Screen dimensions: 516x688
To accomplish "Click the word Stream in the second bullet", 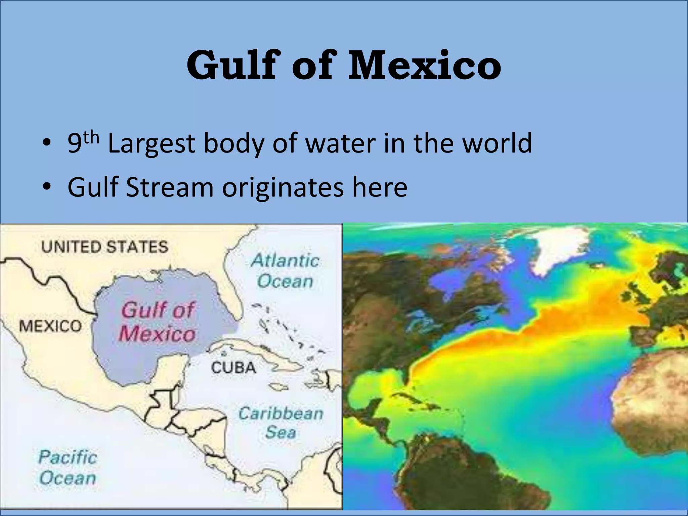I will [170, 187].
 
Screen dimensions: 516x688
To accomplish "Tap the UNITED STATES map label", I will [104, 247].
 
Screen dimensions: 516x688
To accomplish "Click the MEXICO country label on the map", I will [50, 326].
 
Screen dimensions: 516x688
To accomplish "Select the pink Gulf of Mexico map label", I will [157, 322].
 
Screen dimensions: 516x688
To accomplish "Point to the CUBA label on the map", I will [233, 368].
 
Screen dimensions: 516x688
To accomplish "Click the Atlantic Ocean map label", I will [285, 271].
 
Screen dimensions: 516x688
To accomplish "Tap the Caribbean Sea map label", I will [281, 423].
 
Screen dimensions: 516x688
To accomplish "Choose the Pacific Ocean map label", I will [68, 468].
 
